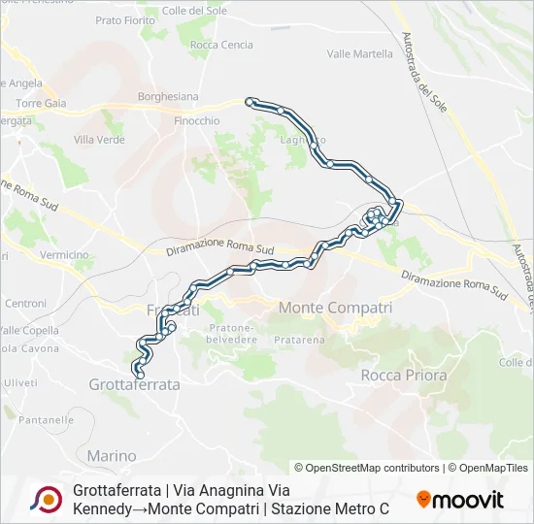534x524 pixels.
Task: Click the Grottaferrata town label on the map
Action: coord(134,384)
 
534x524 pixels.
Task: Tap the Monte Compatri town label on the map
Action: coord(335,307)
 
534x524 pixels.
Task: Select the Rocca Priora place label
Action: coord(403,375)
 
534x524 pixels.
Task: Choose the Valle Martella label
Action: coord(360,54)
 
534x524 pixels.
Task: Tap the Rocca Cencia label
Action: coord(221,45)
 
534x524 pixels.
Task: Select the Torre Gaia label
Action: coord(40,103)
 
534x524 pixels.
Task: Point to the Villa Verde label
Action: coord(99,140)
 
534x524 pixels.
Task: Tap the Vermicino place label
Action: coord(65,254)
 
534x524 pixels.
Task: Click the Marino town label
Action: coord(112,455)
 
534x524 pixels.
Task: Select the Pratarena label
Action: coord(299,341)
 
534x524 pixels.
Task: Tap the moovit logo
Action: coord(460,500)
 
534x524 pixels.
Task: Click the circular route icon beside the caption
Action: coord(45,499)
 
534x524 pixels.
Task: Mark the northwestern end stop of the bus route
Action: coord(250,101)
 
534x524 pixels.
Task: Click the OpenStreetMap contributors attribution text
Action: coord(368,468)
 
